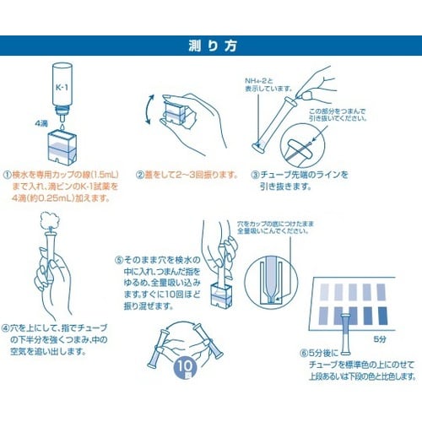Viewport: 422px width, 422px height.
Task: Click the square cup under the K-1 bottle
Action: [64, 143]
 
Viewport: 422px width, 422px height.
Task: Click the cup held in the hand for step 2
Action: [175, 116]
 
